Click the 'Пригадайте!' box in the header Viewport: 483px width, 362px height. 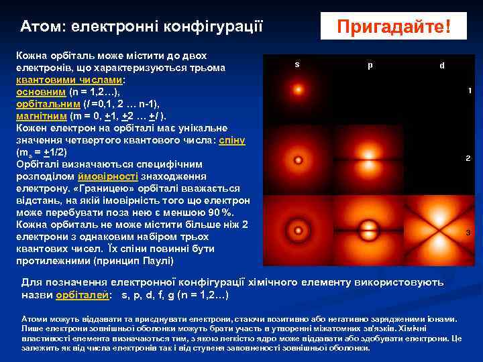tap(393, 27)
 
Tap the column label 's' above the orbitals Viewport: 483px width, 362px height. tap(297, 64)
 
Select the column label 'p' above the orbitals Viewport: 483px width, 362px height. tap(370, 65)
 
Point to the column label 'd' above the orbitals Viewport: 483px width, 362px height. tap(441, 65)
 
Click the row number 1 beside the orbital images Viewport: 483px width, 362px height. tap(470, 90)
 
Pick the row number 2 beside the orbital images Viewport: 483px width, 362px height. tap(468, 159)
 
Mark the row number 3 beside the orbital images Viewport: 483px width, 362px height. tap(468, 232)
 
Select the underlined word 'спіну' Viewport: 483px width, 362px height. tap(234, 140)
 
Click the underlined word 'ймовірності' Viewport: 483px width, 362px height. tap(107, 176)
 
